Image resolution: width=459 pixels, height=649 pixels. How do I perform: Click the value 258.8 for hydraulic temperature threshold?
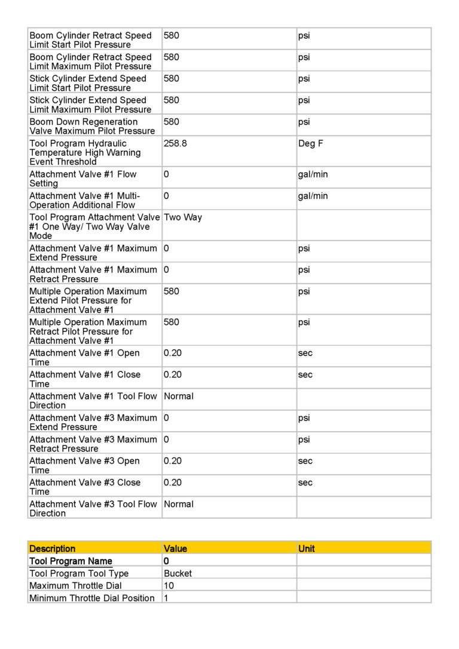(175, 144)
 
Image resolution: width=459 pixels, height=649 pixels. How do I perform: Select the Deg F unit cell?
(311, 144)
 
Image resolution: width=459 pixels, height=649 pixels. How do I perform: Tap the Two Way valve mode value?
(183, 218)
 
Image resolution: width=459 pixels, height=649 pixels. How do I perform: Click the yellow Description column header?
(53, 549)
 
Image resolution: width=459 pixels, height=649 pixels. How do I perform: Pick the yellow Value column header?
(175, 549)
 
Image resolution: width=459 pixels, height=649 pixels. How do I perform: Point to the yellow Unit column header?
(307, 549)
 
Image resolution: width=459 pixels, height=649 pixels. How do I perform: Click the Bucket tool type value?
(178, 573)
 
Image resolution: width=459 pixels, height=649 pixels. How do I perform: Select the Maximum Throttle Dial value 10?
(169, 586)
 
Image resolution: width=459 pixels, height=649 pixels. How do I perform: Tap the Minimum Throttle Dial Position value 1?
(166, 598)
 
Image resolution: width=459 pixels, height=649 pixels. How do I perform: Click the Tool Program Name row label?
(71, 561)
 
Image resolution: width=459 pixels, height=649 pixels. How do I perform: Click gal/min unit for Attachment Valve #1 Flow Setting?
(313, 175)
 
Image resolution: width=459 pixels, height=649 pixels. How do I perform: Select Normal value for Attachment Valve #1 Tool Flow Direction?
(179, 396)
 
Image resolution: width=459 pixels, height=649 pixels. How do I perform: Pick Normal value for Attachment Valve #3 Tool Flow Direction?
(179, 505)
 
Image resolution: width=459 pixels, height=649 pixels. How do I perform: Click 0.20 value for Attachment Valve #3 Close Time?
(172, 483)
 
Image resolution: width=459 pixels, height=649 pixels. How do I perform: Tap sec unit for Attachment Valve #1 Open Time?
(305, 353)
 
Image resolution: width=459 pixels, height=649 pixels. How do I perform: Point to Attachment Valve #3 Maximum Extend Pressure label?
(93, 422)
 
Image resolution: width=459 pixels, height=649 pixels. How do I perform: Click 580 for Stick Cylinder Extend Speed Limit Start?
(171, 79)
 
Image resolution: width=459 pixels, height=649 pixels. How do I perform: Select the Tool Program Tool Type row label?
(79, 573)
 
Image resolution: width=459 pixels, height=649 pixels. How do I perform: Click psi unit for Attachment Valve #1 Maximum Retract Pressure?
(304, 270)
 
